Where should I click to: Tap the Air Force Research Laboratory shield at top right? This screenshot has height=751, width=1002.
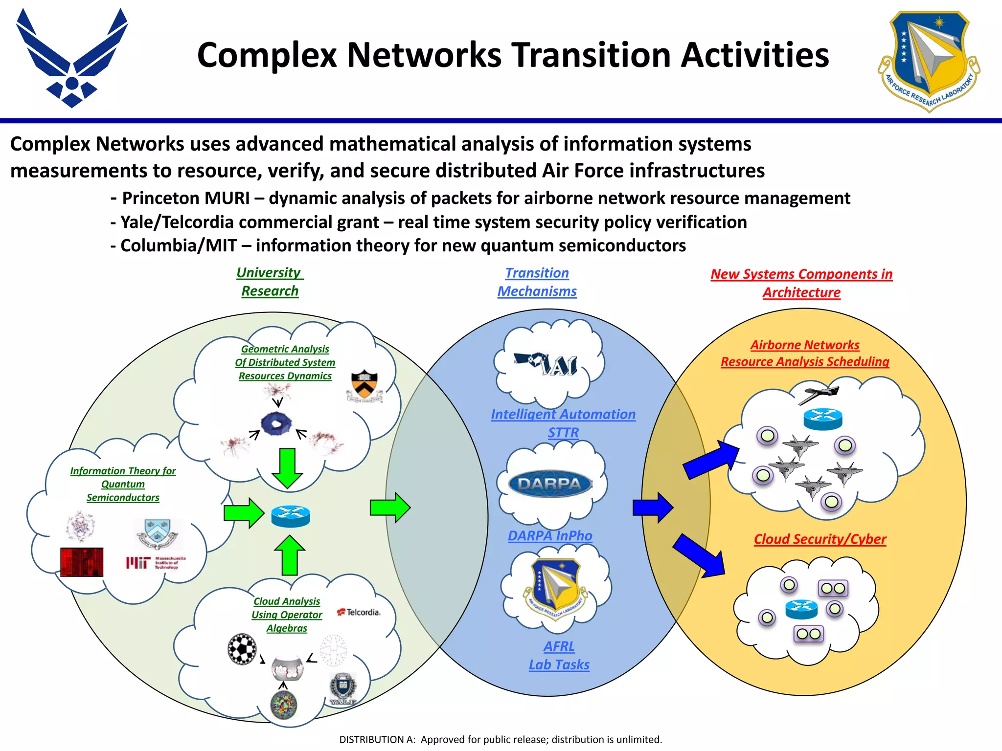click(929, 60)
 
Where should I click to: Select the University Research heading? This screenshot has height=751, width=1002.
click(270, 282)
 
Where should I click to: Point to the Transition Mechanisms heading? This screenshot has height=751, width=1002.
click(537, 282)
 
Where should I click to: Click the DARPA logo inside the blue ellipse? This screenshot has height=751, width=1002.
click(550, 484)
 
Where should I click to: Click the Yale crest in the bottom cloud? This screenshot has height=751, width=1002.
click(342, 688)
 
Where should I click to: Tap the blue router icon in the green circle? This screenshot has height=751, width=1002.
click(291, 516)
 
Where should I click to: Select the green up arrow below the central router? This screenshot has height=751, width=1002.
click(290, 556)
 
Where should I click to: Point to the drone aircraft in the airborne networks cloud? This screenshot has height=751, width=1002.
click(819, 394)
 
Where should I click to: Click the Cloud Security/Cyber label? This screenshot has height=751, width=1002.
click(820, 539)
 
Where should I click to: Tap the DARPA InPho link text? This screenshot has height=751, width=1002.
click(550, 536)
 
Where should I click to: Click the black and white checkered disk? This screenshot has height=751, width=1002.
click(242, 649)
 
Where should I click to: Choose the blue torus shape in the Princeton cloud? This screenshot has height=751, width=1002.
click(276, 424)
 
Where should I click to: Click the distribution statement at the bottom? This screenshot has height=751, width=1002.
click(501, 739)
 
